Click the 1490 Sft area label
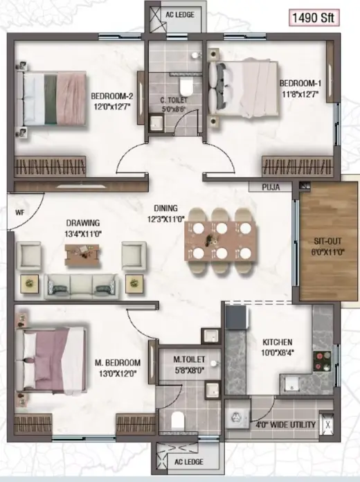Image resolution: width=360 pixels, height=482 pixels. (314, 18)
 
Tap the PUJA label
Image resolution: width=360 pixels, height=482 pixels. (271, 187)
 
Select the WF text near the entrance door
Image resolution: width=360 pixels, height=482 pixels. (19, 213)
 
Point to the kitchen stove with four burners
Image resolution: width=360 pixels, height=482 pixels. (322, 361)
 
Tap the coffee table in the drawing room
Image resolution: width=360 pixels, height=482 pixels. (82, 254)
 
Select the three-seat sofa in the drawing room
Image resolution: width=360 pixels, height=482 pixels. (81, 287)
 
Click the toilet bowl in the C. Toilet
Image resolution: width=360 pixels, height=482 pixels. (186, 87)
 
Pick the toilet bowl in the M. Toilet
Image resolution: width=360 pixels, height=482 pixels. (177, 420)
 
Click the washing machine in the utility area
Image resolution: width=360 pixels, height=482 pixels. (237, 418)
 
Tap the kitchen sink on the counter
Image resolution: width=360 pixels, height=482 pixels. (291, 384)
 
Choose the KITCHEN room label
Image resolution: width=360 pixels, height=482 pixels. (278, 342)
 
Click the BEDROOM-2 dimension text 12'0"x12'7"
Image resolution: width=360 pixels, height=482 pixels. (112, 107)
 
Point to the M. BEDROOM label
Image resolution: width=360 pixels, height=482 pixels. (118, 363)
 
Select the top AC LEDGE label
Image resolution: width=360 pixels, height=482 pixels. (180, 15)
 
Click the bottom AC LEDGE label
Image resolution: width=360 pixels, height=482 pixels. (189, 462)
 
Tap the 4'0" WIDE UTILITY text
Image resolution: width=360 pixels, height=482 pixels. (286, 425)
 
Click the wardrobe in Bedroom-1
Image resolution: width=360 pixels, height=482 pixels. (298, 166)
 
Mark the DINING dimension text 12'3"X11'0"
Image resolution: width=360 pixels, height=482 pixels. (165, 219)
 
